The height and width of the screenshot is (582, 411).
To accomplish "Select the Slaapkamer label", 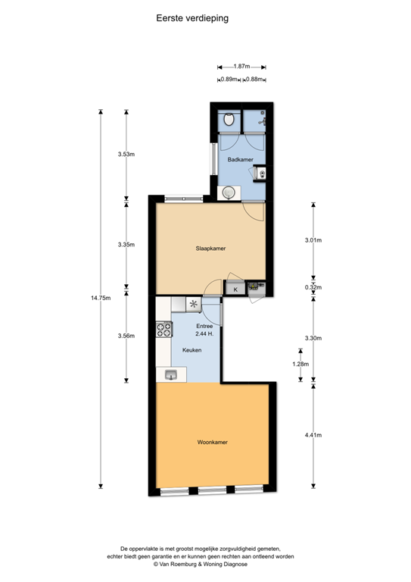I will point(211,249).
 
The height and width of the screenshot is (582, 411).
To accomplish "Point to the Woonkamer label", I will point(213,442).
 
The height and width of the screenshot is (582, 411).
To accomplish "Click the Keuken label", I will point(191,350).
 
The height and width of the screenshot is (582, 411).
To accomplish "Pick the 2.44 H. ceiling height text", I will point(204,333).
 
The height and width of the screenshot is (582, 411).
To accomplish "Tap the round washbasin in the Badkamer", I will point(227,193).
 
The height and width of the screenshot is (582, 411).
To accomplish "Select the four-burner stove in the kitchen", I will point(163,330).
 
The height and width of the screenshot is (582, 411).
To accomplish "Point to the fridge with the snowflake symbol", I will point(194,305).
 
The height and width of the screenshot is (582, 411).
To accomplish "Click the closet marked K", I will point(235,289).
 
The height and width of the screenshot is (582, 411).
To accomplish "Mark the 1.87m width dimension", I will point(242,66).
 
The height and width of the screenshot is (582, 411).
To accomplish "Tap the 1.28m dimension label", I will point(300,364).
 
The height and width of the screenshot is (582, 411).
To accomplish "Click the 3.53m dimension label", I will point(126,155).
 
